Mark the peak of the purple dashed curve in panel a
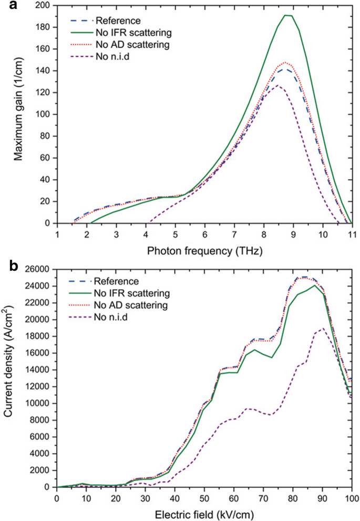point(277,85)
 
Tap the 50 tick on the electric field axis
point(204,497)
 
